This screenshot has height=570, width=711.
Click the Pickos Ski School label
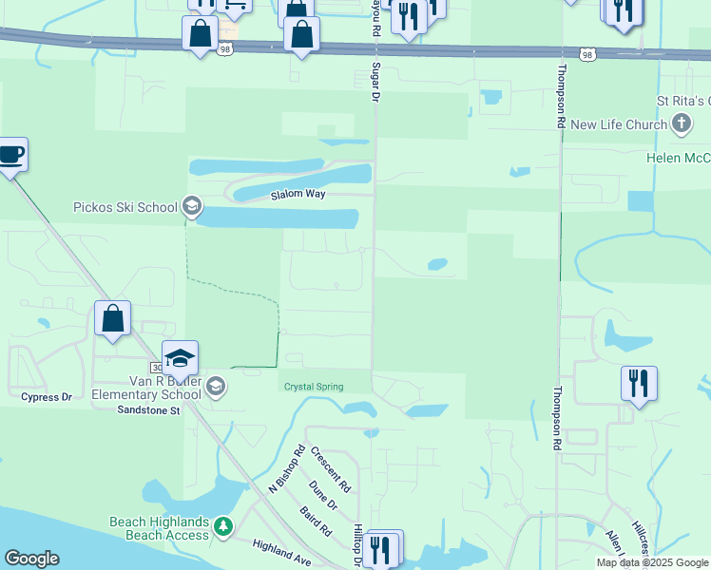(125, 207)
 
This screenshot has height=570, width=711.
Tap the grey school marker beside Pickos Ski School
(192, 206)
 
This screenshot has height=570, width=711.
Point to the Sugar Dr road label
(375, 83)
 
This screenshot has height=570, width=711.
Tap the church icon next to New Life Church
(681, 123)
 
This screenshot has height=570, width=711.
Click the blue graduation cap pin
(180, 359)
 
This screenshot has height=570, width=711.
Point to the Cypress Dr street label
(47, 396)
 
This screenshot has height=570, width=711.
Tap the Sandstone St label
(148, 410)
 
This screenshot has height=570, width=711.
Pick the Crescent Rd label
(331, 470)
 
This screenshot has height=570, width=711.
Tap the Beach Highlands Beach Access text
(159, 528)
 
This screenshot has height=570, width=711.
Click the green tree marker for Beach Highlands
(223, 525)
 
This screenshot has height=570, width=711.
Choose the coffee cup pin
(10, 155)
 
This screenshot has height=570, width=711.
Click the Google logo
(31, 559)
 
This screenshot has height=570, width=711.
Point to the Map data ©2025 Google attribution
(652, 562)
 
